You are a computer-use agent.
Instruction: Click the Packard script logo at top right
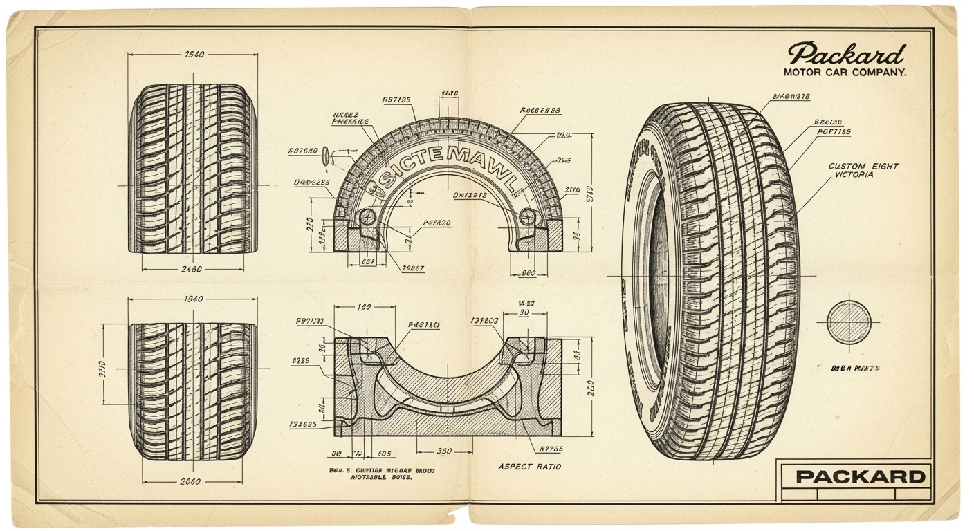point(847,55)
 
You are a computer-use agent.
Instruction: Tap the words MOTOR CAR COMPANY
point(844,72)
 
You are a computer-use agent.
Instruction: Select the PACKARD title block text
point(860,476)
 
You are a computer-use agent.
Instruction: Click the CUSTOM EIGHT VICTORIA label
point(863,171)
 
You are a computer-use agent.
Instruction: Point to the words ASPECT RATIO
point(529,467)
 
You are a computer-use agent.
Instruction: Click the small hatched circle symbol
point(849,322)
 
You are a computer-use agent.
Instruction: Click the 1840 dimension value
point(193,299)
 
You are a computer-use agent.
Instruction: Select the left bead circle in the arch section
point(368,216)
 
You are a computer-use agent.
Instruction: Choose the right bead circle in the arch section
point(528,216)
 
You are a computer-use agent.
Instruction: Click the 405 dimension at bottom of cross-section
point(384,454)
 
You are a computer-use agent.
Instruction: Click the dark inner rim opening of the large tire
point(657,277)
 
